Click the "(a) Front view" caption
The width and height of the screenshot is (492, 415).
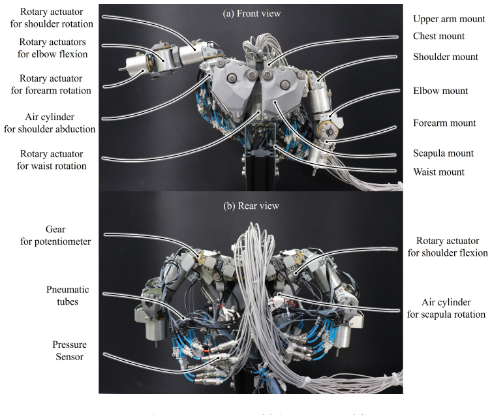[x=252, y=14]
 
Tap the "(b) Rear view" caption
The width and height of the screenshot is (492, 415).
[x=251, y=206]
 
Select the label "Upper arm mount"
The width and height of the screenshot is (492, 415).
[x=449, y=19]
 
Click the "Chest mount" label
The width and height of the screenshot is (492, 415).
[x=438, y=36]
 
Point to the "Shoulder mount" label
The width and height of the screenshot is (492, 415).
[x=446, y=57]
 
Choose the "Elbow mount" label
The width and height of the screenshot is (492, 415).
[x=440, y=91]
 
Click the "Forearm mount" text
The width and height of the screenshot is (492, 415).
[x=444, y=123]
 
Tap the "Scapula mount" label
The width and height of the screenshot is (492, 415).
[x=443, y=153]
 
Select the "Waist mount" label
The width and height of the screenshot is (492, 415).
[x=438, y=172]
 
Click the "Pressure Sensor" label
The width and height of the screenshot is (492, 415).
[x=69, y=350]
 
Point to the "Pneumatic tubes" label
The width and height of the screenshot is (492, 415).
[x=67, y=296]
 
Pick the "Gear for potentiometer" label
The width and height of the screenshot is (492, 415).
[x=55, y=236]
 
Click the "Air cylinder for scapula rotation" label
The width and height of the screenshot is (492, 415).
[x=446, y=309]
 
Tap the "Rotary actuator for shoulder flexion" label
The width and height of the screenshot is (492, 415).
[x=448, y=247]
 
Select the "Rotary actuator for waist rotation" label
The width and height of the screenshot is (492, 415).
[x=52, y=160]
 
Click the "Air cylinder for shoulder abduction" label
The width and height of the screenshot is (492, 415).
[x=49, y=123]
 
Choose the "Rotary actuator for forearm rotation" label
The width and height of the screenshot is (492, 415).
[x=51, y=84]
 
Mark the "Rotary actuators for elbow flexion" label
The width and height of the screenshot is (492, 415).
[x=52, y=48]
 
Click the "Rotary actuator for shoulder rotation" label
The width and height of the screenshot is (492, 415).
[x=52, y=18]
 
